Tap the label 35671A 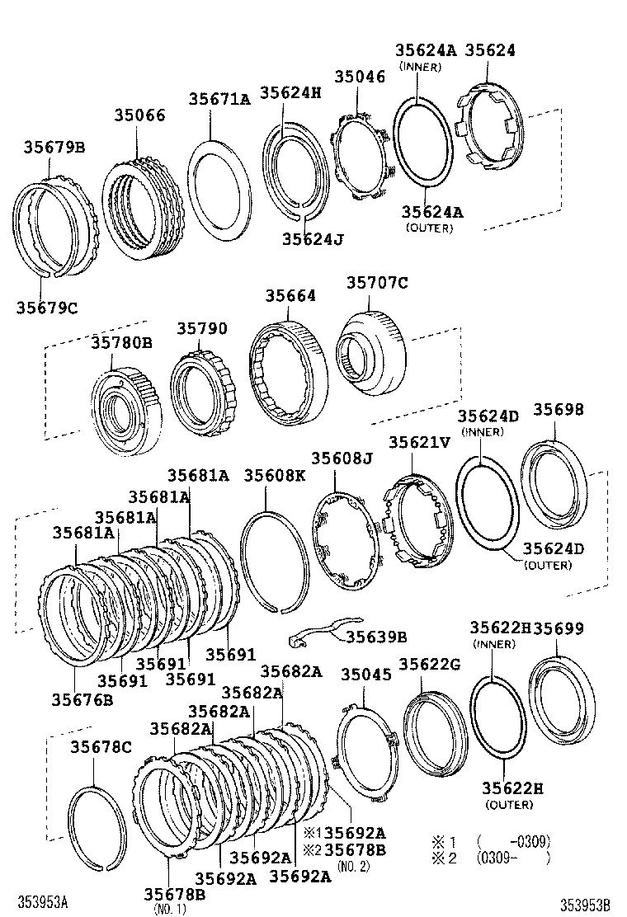219,99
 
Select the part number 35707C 376,283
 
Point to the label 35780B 121,342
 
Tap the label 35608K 275,475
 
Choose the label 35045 361,674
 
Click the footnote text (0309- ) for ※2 512,857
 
